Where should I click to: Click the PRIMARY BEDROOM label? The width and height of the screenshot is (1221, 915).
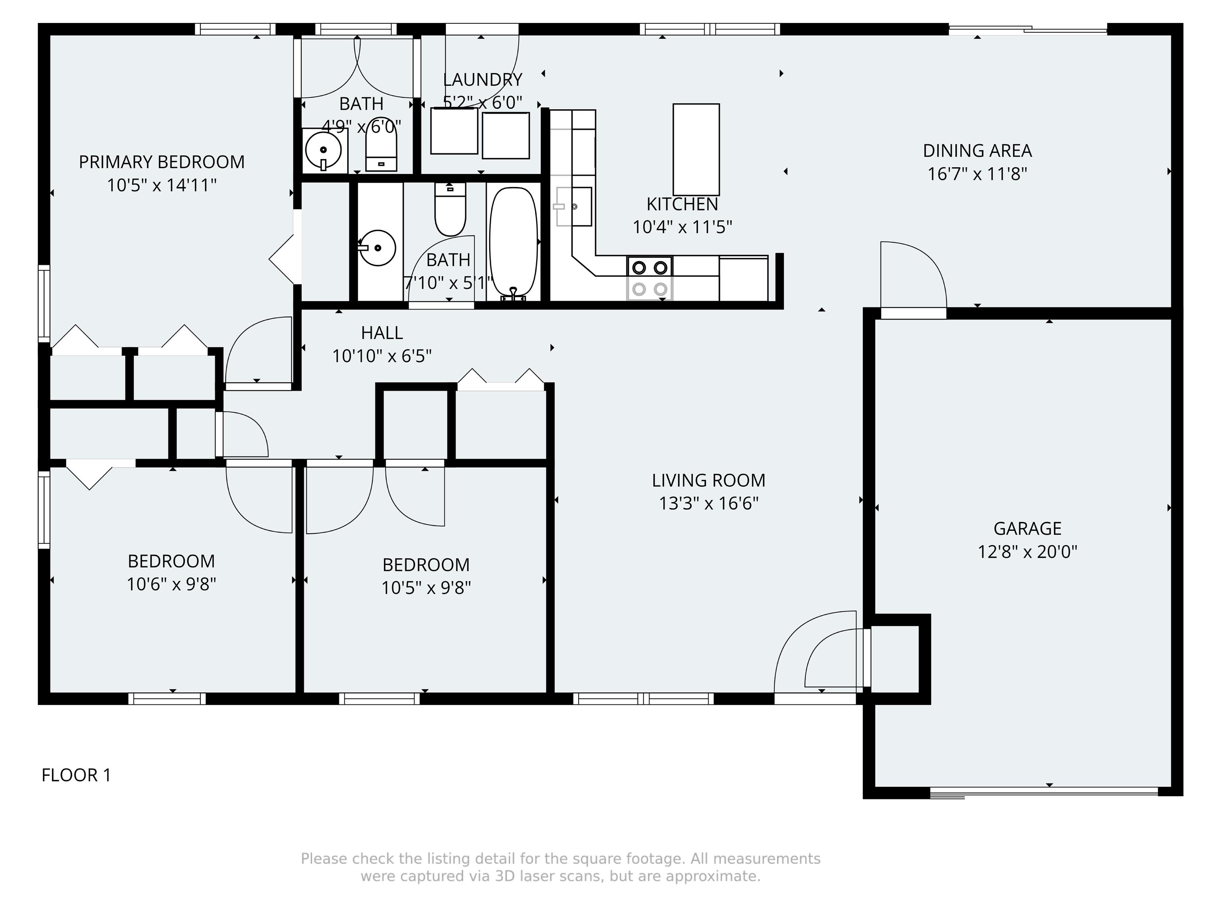(x=162, y=162)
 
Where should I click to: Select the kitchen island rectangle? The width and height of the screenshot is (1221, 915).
(x=696, y=149)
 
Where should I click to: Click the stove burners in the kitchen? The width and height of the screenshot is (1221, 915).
(x=650, y=278)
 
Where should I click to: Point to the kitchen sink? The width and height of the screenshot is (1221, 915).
(x=574, y=206)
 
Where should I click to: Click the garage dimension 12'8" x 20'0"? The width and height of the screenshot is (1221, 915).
(x=1027, y=552)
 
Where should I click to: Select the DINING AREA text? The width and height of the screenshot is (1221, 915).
(x=977, y=150)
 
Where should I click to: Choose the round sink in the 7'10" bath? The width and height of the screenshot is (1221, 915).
(x=378, y=248)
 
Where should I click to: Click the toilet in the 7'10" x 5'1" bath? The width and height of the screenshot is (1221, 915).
(x=450, y=209)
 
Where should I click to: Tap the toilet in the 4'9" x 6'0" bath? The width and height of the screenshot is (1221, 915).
(x=381, y=145)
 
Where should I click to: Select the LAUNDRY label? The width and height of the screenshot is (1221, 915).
(x=483, y=79)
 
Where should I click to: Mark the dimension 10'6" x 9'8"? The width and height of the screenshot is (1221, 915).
(x=171, y=584)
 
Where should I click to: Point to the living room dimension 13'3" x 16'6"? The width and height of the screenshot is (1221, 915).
(x=709, y=503)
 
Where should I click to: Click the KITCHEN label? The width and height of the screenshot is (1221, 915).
(x=682, y=204)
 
